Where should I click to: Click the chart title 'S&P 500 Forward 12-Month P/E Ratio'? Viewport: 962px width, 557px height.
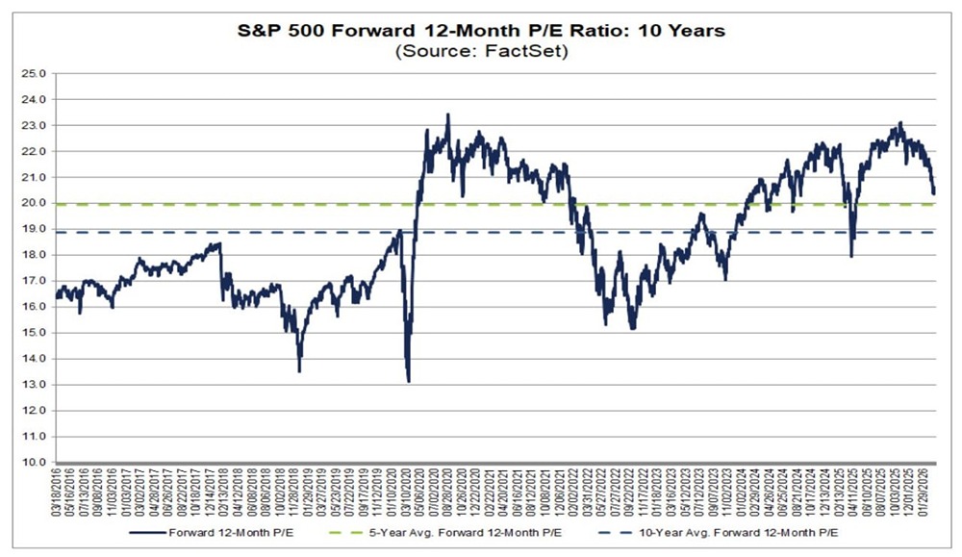(x=480, y=31)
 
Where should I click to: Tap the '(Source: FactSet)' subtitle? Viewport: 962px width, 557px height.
(x=480, y=52)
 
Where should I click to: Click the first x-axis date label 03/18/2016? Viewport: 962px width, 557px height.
(x=57, y=493)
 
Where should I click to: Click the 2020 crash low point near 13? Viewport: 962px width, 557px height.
(x=409, y=381)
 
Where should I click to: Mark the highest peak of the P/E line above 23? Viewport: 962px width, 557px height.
(x=447, y=114)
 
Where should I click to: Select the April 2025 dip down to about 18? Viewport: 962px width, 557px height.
(x=851, y=255)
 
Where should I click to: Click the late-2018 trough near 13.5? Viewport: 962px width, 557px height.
(x=299, y=370)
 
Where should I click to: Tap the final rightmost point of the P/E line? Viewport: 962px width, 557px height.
(x=933, y=192)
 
